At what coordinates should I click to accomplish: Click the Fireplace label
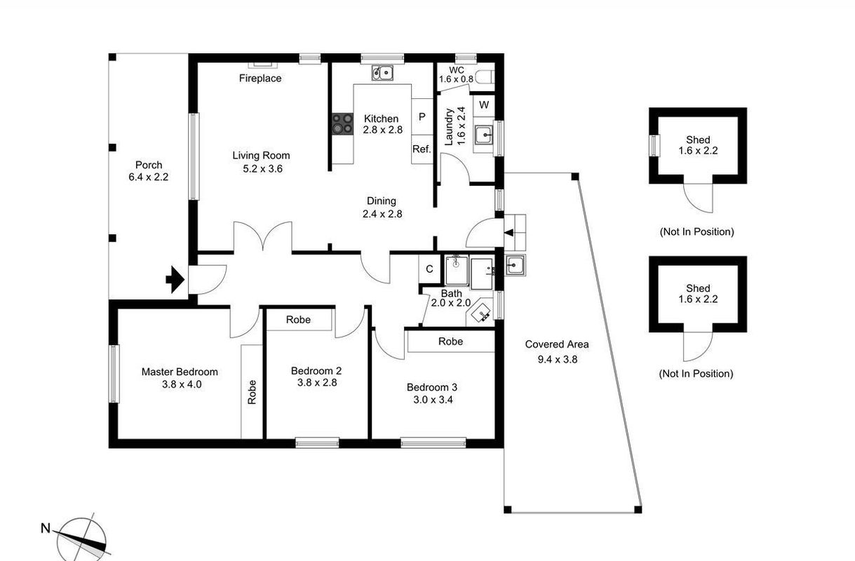[260, 79]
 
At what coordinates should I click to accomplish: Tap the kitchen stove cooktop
[342, 123]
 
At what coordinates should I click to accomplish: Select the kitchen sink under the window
[382, 72]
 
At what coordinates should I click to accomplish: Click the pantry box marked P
[422, 116]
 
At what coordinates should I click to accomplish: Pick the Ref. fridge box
[422, 149]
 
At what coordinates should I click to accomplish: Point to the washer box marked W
[483, 105]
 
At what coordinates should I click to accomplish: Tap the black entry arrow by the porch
[175, 280]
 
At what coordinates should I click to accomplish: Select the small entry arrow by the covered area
[509, 232]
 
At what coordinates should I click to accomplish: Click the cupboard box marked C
[429, 269]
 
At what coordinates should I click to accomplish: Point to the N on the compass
[46, 528]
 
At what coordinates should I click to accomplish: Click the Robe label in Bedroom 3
[450, 342]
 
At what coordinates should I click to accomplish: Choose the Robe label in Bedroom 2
[298, 320]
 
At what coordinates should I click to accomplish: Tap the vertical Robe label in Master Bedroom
[252, 392]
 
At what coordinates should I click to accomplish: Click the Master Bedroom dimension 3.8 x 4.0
[182, 384]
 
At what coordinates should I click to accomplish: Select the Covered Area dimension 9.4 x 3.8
[558, 359]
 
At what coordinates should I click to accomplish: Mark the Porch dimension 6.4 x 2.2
[149, 177]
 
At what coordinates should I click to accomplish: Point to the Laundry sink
[484, 135]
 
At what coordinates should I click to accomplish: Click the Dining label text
[382, 201]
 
